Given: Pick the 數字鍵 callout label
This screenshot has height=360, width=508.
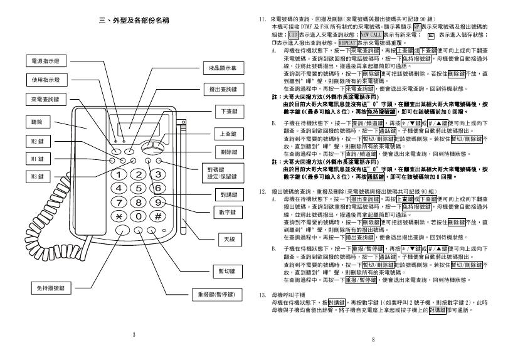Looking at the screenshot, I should point(227,213).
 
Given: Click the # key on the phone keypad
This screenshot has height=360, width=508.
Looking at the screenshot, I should point(158,217).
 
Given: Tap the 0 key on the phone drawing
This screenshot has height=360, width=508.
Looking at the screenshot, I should point(138,217).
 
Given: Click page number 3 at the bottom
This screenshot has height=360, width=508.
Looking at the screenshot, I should point(133,334).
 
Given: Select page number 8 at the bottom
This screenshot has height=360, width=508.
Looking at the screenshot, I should point(373,340).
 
